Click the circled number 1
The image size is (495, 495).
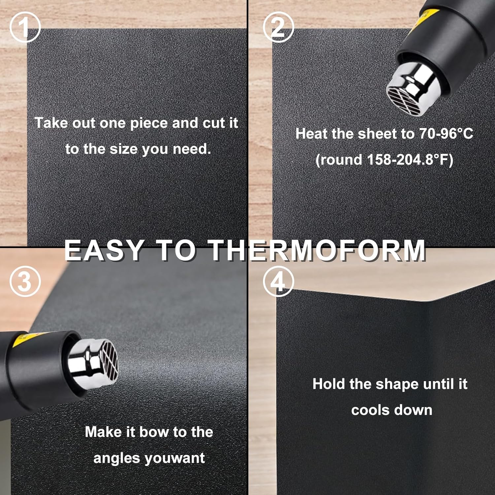tap(25, 27)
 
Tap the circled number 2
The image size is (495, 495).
tap(278, 27)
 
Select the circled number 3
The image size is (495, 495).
tap(25, 281)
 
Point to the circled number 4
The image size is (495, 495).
tap(278, 281)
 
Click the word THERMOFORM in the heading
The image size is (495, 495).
tap(317, 250)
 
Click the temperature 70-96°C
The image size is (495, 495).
tap(446, 134)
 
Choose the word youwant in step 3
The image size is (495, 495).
tap(175, 458)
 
